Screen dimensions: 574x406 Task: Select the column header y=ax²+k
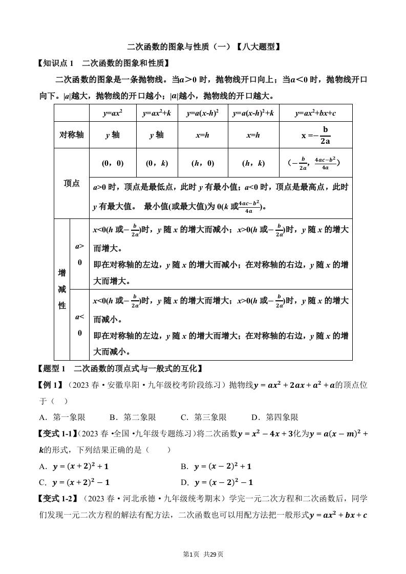[157, 113]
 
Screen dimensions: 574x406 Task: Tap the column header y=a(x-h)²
[203, 113]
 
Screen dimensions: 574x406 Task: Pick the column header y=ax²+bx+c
[315, 113]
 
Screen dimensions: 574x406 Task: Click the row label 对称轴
[72, 135]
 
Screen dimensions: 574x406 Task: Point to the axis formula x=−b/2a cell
[315, 135]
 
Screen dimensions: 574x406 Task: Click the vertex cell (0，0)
[113, 163]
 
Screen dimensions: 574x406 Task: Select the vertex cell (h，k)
[253, 163]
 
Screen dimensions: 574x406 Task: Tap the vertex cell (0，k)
[157, 163]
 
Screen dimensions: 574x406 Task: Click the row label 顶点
[72, 183]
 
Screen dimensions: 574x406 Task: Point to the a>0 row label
[79, 254]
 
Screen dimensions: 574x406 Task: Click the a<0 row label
[79, 324]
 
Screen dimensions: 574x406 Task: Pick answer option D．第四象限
[275, 417]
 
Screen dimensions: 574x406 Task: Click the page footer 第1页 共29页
[203, 554]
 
